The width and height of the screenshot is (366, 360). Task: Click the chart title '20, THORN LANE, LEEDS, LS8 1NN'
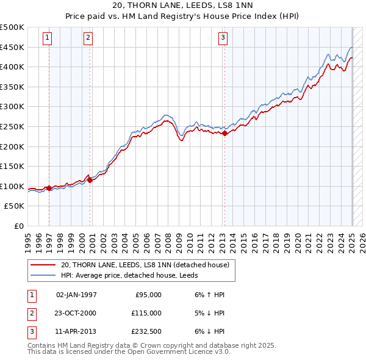(x=183, y=5)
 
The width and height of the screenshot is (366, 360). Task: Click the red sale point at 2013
(x=224, y=133)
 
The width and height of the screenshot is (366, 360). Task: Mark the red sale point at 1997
(x=49, y=188)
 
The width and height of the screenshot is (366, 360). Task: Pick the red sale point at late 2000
(x=90, y=180)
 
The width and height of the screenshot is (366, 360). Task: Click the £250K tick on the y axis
(x=12, y=126)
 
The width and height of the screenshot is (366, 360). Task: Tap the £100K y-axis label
(x=12, y=186)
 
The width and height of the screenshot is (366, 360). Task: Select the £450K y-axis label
(x=12, y=47)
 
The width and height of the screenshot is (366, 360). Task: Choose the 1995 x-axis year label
(x=28, y=238)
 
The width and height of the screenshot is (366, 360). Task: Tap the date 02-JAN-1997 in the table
(x=76, y=295)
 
